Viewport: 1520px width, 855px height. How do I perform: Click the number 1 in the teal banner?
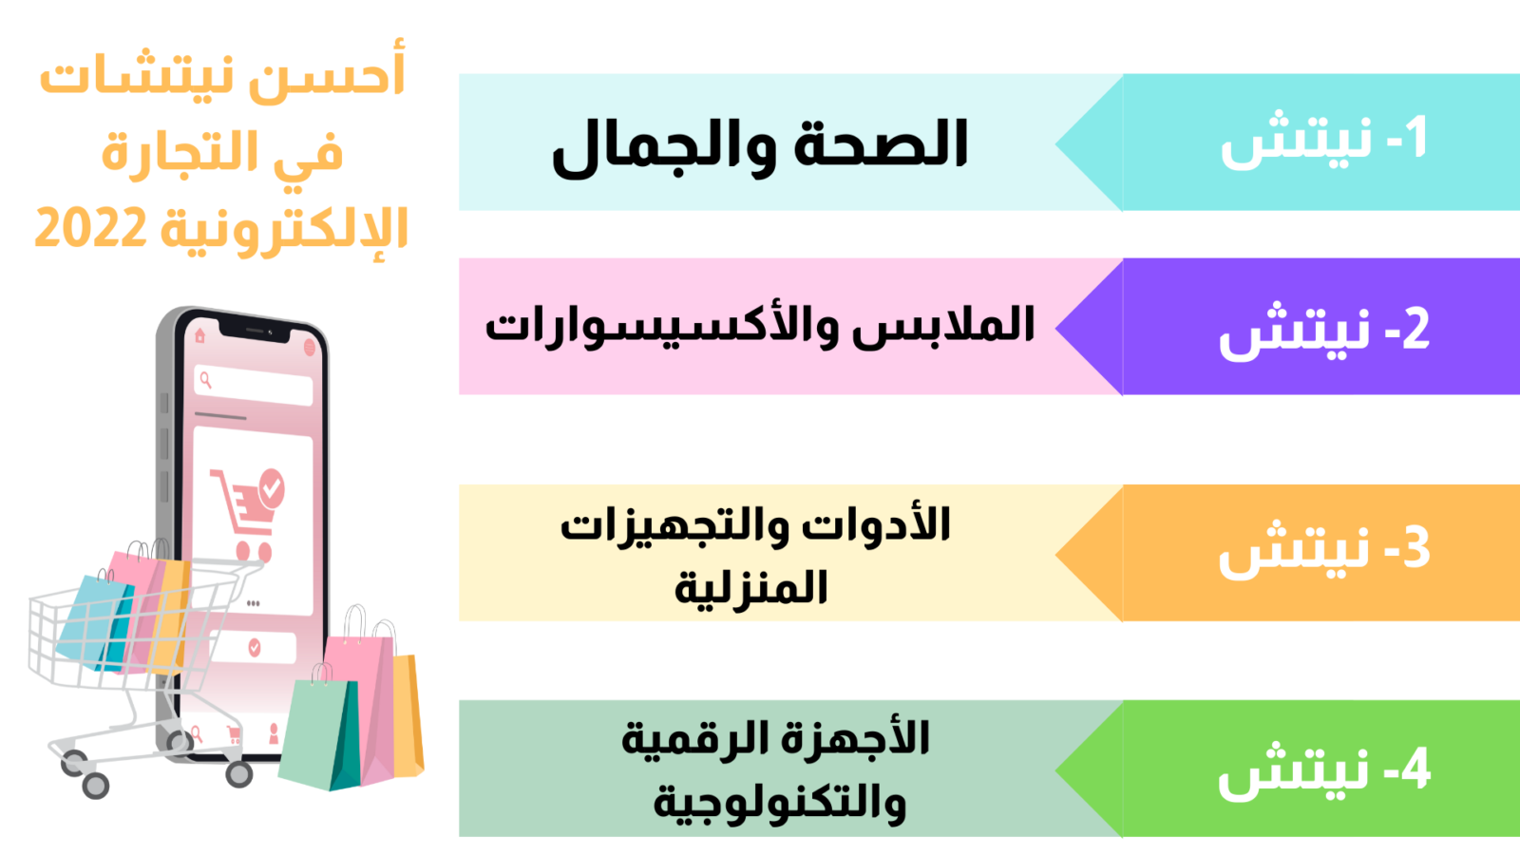pos(1415,139)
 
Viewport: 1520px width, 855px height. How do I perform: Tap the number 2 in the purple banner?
pos(1415,329)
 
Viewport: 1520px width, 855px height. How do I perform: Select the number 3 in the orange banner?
pos(1415,547)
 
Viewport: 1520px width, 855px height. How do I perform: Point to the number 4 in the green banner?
pos(1415,769)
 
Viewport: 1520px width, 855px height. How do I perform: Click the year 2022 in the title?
pos(91,229)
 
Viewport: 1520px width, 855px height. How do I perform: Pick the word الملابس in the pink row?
pos(944,326)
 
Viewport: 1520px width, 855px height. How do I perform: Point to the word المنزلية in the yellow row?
pos(751,588)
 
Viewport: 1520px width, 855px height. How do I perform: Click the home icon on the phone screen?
pos(199,335)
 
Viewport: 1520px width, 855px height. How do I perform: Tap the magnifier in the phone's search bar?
pos(206,380)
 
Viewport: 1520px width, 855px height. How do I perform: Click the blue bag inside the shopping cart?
pos(95,621)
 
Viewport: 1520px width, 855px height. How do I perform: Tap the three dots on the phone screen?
pos(253,602)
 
